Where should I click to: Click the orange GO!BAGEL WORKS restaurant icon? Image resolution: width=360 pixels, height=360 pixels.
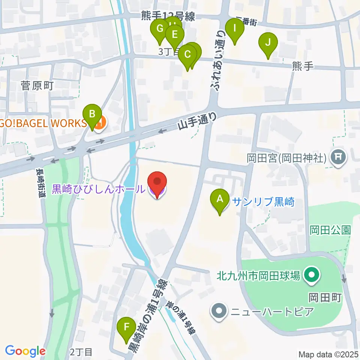[99, 122]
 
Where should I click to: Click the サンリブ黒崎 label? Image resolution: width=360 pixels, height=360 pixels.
[263, 202]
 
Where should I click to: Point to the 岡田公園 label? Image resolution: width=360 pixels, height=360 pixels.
[330, 230]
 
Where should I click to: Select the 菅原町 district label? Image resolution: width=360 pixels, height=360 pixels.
[39, 85]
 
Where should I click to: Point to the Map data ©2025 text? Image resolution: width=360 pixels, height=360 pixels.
[328, 354]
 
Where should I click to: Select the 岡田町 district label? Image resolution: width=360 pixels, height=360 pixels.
[325, 298]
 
